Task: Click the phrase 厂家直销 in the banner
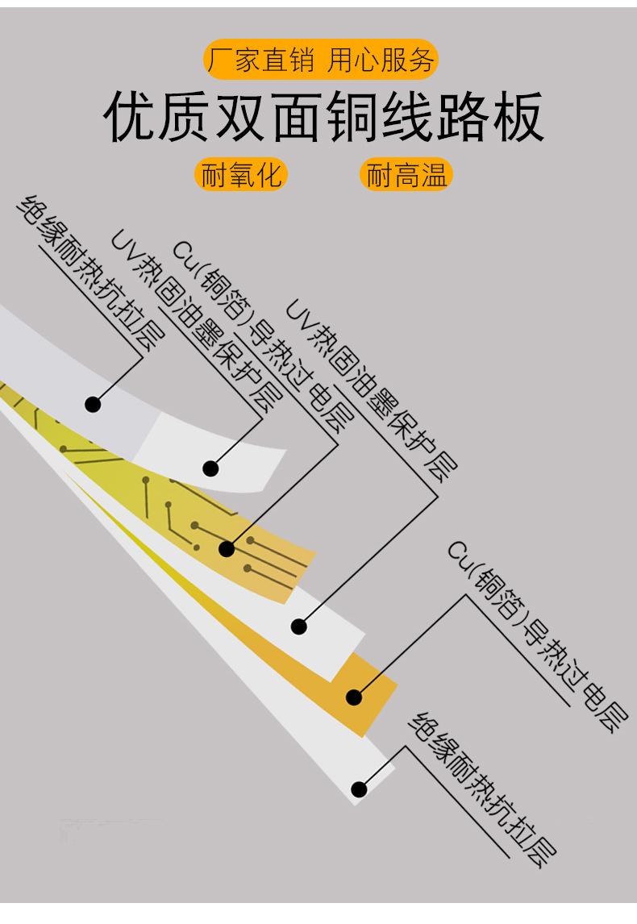(260, 60)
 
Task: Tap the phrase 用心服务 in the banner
(381, 60)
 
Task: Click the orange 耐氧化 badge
(242, 174)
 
